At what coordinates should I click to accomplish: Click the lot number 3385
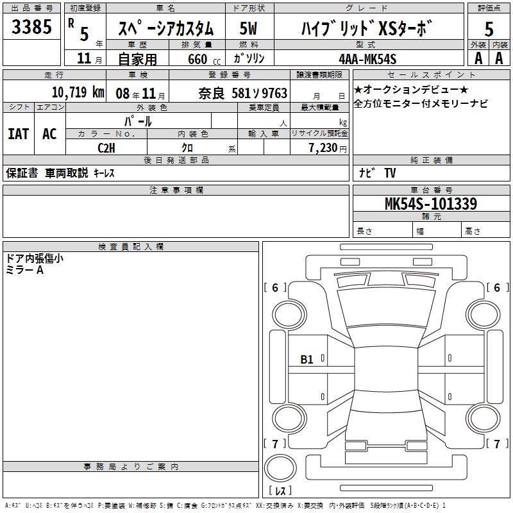(x=31, y=26)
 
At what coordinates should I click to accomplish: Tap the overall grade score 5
(x=489, y=29)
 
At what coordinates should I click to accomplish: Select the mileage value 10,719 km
(x=78, y=92)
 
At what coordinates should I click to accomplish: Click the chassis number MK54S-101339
(x=431, y=203)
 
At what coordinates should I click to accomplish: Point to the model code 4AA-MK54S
(x=367, y=59)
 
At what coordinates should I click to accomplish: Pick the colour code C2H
(x=106, y=148)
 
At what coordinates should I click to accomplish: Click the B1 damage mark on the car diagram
(x=307, y=360)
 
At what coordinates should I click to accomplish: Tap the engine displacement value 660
(x=198, y=59)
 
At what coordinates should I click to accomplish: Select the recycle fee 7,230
(x=323, y=147)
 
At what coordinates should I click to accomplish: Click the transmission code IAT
(x=19, y=134)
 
